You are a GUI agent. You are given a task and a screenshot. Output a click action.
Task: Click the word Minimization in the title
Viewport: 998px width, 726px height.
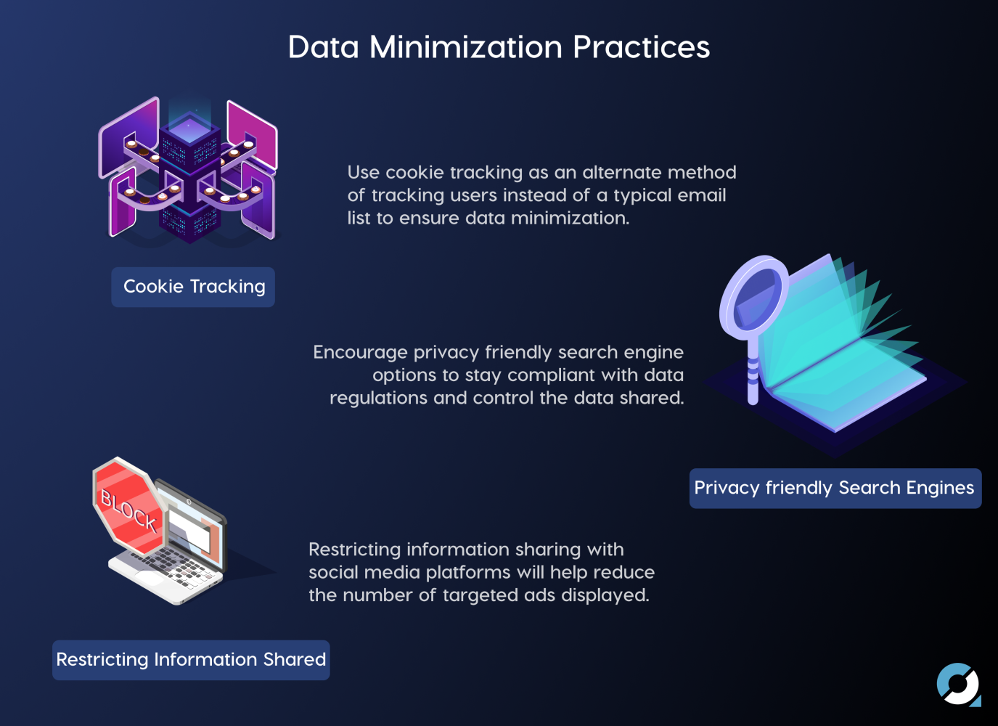pyautogui.click(x=465, y=46)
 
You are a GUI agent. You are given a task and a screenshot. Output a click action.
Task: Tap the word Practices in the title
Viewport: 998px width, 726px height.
pyautogui.click(x=642, y=46)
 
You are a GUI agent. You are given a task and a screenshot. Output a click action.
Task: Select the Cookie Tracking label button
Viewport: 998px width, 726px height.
pyautogui.click(x=193, y=287)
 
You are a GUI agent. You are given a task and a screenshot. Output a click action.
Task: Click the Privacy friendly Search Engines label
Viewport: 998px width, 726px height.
pyautogui.click(x=835, y=488)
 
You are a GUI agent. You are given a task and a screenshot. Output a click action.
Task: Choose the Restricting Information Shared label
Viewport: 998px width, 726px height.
pyautogui.click(x=191, y=660)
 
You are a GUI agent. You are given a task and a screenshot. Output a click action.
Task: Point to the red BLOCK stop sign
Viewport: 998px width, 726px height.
pyautogui.click(x=130, y=506)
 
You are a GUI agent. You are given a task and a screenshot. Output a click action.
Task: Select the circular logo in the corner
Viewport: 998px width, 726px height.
pyautogui.click(x=958, y=684)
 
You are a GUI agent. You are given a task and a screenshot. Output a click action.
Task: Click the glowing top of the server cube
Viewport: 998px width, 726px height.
pyautogui.click(x=189, y=130)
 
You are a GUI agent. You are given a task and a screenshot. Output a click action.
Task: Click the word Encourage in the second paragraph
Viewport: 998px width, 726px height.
pyautogui.click(x=361, y=353)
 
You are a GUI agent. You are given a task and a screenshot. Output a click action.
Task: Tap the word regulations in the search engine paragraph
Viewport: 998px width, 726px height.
pyautogui.click(x=379, y=398)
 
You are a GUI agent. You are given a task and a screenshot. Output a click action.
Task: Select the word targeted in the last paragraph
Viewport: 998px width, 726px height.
pyautogui.click(x=480, y=595)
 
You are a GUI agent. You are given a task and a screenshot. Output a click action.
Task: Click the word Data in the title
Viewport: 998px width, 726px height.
pyautogui.click(x=324, y=46)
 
